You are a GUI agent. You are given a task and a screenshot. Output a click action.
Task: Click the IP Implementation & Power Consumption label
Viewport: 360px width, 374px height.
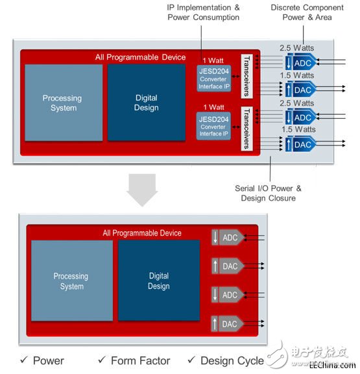(203, 12)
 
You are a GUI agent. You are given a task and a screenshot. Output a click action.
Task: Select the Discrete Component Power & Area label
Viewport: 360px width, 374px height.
(307, 12)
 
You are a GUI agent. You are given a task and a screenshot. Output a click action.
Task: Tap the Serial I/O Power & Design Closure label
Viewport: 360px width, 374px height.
(268, 193)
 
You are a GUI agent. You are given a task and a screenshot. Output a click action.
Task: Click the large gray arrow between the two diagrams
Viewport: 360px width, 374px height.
(142, 190)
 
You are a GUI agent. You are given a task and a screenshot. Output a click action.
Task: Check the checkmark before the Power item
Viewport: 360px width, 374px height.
(24, 359)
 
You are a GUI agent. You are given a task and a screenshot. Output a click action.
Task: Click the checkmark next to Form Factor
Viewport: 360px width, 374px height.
(102, 359)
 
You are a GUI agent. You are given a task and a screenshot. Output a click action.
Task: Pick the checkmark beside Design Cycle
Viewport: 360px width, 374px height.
(191, 359)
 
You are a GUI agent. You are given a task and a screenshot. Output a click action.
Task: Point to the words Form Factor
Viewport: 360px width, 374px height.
(141, 360)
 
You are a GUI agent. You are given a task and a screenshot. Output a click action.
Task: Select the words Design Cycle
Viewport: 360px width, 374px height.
(232, 361)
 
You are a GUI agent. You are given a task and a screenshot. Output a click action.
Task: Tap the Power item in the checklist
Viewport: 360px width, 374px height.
(49, 360)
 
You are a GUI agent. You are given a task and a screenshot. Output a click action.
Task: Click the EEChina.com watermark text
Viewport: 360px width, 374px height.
(333, 365)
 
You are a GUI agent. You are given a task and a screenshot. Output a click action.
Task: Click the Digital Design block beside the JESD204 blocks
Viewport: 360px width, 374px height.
(147, 103)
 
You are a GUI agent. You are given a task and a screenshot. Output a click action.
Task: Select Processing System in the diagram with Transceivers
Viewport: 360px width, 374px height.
(64, 103)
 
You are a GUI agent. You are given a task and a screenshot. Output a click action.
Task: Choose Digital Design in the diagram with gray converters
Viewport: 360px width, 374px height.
(159, 280)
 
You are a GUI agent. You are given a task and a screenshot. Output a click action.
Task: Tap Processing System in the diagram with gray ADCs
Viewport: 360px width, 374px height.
(72, 280)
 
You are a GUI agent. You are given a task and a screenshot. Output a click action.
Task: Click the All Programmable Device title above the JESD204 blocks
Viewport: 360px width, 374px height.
(140, 57)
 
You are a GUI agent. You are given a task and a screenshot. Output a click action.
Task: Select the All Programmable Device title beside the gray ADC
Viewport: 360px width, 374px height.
(142, 233)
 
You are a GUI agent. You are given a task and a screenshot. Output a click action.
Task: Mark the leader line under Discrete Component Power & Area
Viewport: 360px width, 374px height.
(304, 35)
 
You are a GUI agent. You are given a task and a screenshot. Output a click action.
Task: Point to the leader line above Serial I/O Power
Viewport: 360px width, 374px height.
(270, 169)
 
